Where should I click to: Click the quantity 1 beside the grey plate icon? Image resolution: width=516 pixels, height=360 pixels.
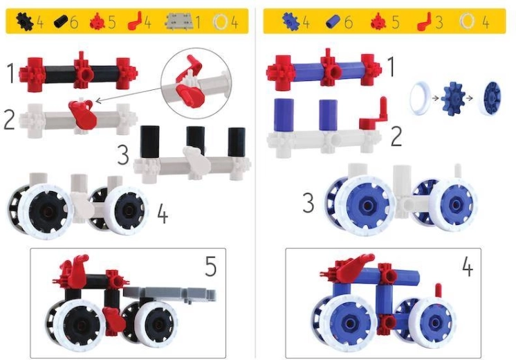pyautogui.click(x=198, y=22)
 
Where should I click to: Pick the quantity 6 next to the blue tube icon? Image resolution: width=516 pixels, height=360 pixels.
pyautogui.click(x=348, y=22)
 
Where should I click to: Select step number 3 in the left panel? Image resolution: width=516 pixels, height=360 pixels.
pyautogui.click(x=123, y=154)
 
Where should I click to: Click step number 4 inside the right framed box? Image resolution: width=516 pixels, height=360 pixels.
pyautogui.click(x=468, y=266)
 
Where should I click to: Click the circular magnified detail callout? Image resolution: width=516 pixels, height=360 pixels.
pyautogui.click(x=194, y=82)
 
